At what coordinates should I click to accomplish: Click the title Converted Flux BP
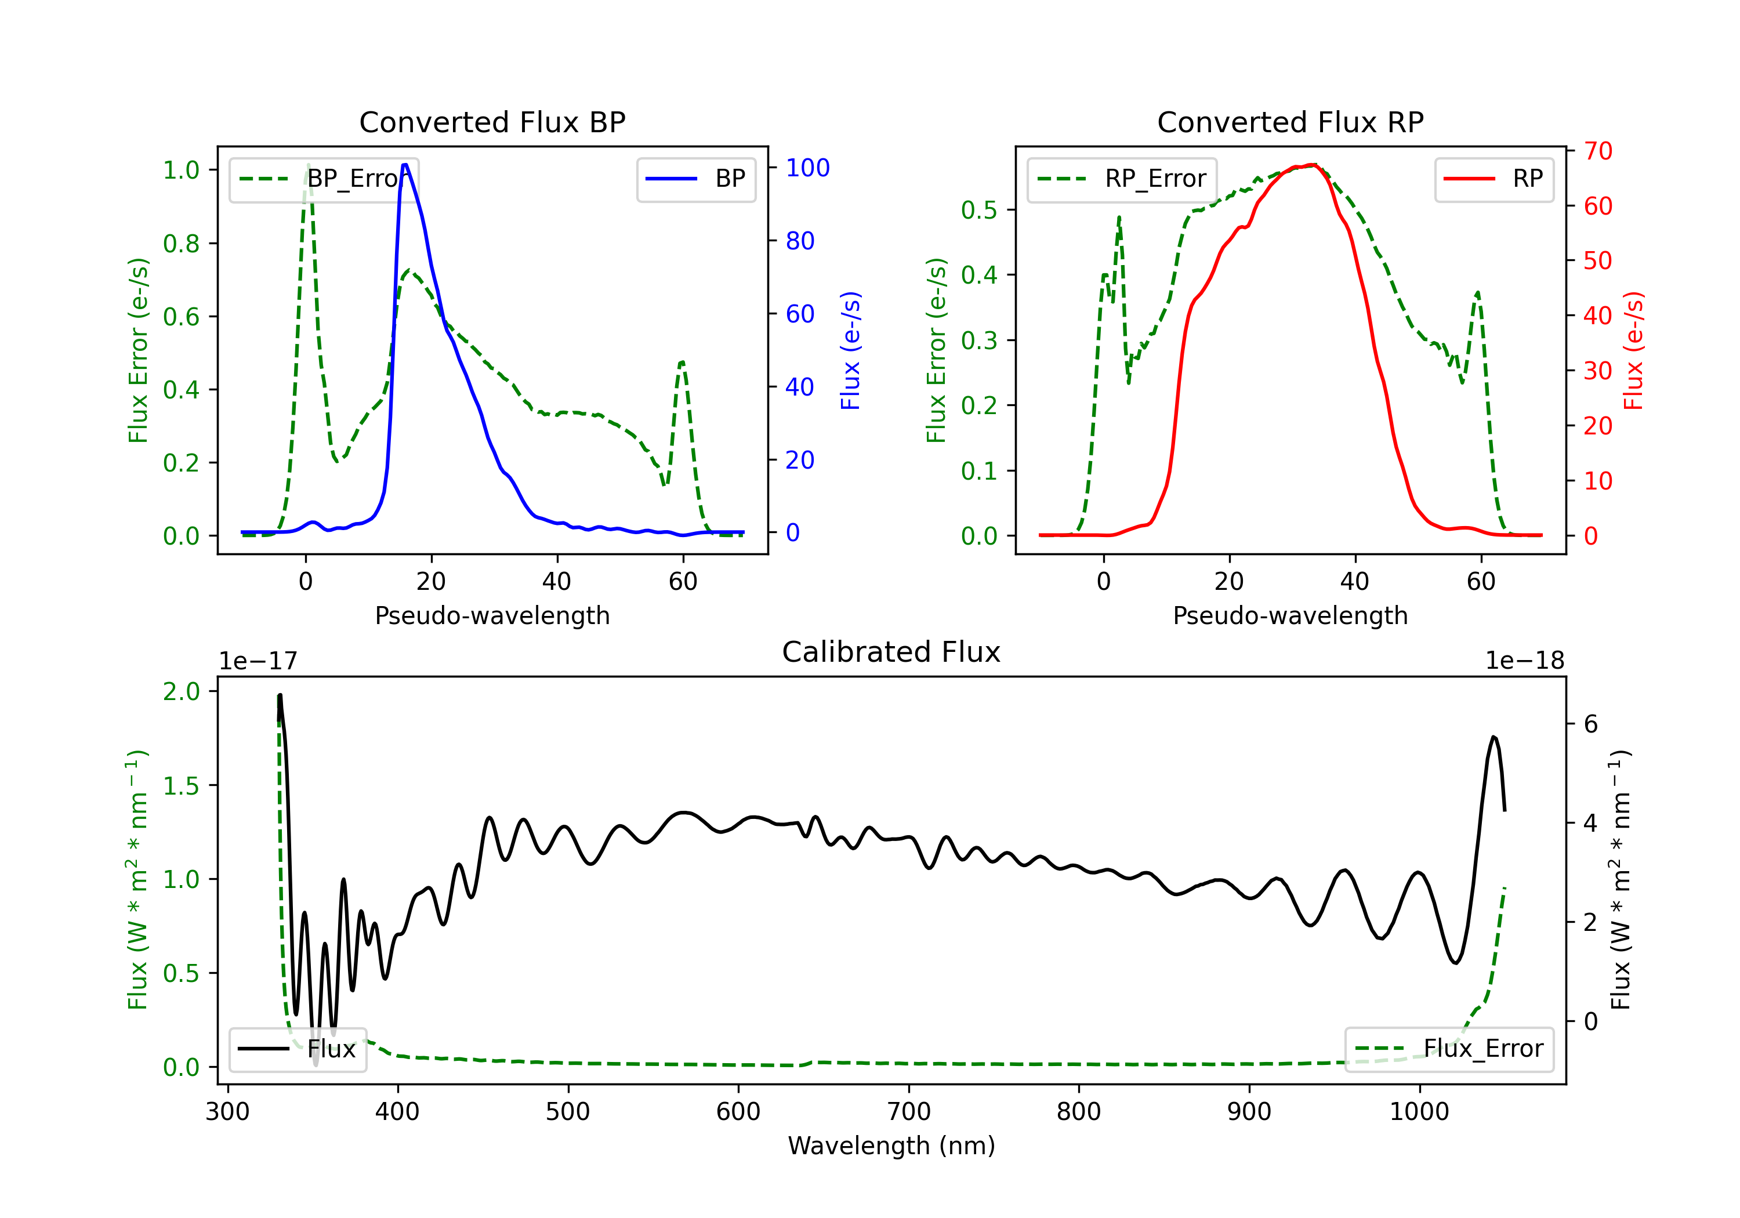(x=492, y=122)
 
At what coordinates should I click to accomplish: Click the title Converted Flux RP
(x=1290, y=122)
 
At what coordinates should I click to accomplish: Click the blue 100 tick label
(x=807, y=168)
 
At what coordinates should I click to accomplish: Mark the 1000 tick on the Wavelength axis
(x=1419, y=1112)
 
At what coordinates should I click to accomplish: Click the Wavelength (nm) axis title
(x=891, y=1145)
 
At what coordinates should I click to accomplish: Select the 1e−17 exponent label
(x=258, y=661)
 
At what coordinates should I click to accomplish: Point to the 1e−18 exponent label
(x=1525, y=661)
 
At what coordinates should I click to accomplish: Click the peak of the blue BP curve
(x=405, y=165)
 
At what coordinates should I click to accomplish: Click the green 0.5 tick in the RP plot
(x=978, y=210)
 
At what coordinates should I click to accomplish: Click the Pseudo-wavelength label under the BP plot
(x=492, y=615)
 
